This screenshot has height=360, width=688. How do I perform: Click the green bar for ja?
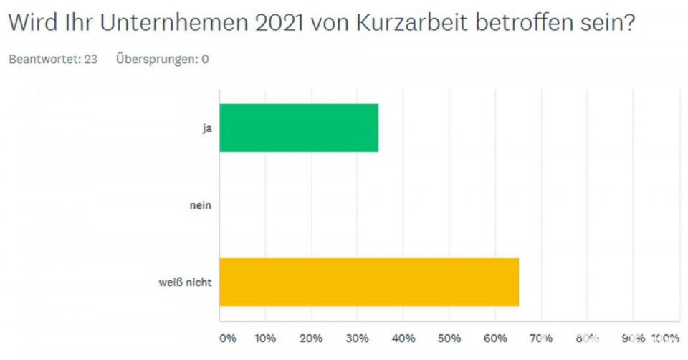299,128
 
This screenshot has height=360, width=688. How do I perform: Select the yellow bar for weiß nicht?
369,281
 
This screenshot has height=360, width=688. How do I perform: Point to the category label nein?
201,205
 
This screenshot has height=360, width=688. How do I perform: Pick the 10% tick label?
266,337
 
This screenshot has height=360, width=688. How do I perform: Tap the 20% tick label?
312,337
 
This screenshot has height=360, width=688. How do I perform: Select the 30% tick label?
358,337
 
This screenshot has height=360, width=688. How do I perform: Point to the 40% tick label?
403,337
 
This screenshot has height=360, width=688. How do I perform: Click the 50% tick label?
449,337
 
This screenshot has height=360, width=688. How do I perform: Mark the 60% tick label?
495,337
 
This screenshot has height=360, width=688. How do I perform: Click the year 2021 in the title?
277,24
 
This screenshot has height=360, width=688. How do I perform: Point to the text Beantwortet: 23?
52,60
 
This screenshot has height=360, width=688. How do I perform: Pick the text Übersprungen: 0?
163,60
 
